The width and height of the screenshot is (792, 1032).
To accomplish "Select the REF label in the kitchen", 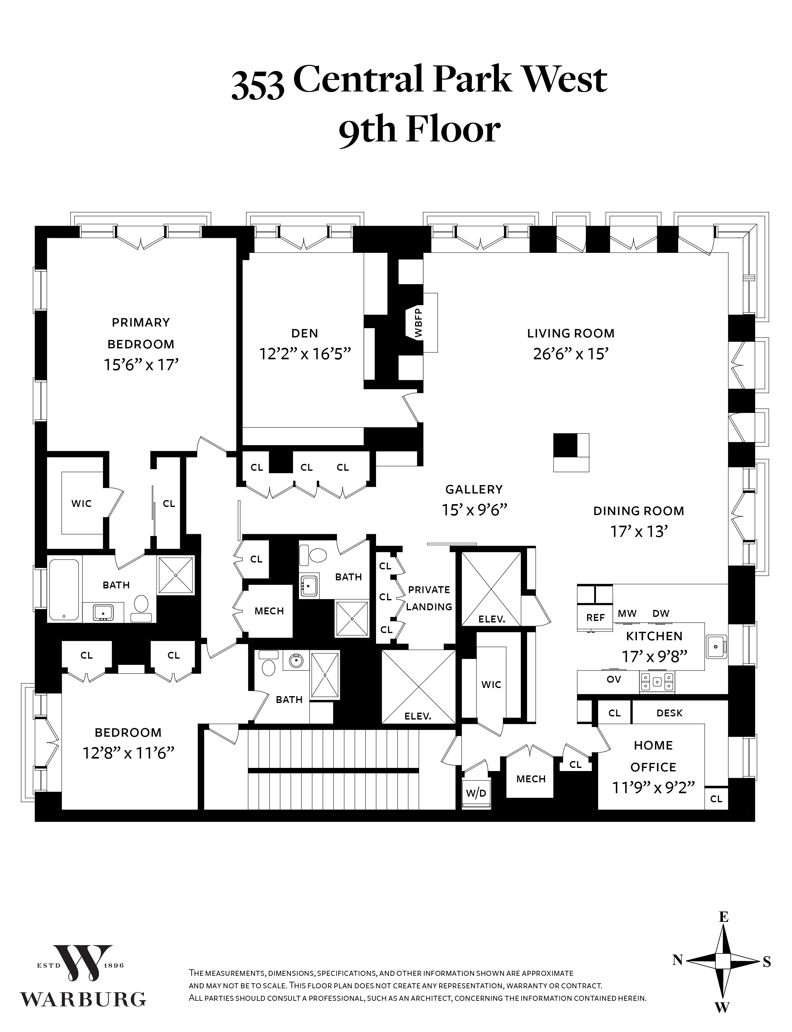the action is (x=595, y=617).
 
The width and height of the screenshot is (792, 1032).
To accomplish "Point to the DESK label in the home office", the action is (x=669, y=713).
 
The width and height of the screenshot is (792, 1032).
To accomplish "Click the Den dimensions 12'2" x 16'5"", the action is (x=305, y=354).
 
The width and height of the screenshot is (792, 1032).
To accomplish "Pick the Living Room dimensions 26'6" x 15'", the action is (x=570, y=354).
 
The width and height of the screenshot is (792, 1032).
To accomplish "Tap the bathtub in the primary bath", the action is (x=64, y=590).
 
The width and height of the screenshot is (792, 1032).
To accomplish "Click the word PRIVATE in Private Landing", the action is (x=429, y=589).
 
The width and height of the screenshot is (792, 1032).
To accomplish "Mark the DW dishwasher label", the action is (x=661, y=613).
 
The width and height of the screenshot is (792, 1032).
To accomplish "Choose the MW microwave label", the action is (x=627, y=613).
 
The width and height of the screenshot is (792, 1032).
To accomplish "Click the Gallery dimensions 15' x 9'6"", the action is (x=474, y=510).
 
